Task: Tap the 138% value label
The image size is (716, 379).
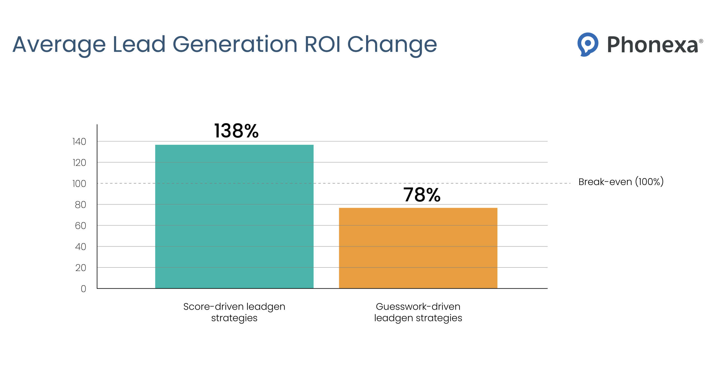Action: [236, 131]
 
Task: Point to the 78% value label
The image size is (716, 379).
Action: [421, 195]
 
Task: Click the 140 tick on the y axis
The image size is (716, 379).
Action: [79, 142]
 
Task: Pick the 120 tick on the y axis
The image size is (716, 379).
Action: [79, 163]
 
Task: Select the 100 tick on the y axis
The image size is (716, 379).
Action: [79, 184]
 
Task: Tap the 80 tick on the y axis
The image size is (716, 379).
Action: [80, 205]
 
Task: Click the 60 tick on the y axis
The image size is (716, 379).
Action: [80, 226]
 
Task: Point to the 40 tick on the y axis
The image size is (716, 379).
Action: [80, 247]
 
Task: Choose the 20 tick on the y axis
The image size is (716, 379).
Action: [80, 268]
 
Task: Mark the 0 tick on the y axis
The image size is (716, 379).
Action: [83, 289]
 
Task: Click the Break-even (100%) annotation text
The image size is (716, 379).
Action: [621, 182]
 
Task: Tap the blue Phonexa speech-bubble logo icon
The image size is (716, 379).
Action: [587, 44]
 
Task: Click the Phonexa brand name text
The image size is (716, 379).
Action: [653, 45]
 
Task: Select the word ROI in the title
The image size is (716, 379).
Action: [322, 44]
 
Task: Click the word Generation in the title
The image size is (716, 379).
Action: [235, 44]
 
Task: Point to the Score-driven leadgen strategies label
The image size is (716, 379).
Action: [234, 312]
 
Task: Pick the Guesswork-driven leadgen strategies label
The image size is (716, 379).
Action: [418, 312]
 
